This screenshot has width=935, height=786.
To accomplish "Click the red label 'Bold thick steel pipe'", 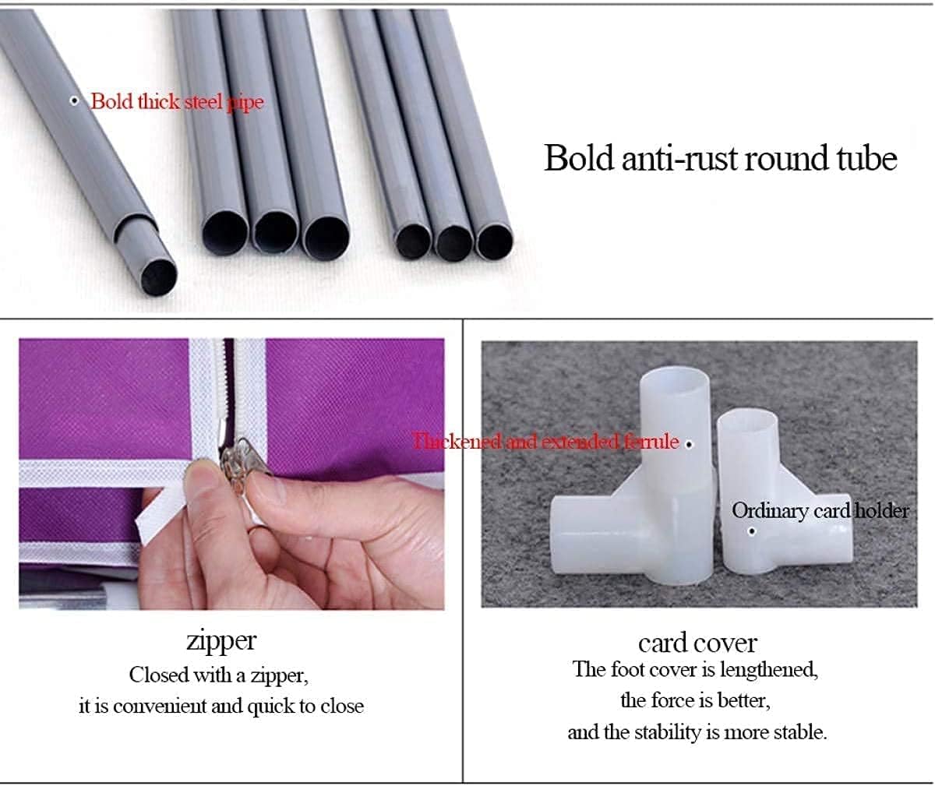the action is pos(178,101).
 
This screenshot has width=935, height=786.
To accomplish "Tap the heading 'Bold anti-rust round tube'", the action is pos(721,158).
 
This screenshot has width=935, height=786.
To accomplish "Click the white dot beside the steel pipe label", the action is pos(74,100).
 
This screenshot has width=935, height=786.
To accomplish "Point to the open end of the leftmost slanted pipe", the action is pos(158,277).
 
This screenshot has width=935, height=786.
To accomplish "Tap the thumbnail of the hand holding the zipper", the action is pos(231,474).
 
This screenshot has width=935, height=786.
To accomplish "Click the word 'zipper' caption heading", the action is pos(221,642).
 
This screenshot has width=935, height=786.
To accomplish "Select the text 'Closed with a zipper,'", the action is pos(219,675).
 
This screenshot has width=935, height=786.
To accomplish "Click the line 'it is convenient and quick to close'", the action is pos(221,707).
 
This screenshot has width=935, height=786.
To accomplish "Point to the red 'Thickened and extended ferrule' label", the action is pos(545,442).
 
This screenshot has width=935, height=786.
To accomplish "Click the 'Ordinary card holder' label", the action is pos(820,511).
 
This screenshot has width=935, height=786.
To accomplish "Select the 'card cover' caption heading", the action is pos(697,643).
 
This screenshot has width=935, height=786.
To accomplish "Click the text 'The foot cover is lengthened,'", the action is pos(696,670).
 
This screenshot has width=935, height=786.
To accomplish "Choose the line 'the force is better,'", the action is pos(696,700).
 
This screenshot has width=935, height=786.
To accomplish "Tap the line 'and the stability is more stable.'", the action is pos(697,732).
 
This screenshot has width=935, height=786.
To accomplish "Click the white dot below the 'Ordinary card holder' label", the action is pos(753,531).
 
